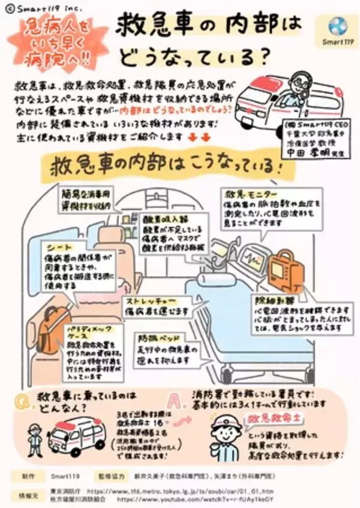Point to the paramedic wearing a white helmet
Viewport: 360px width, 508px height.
click(224, 432)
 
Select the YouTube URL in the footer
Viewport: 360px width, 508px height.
click(200, 498)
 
